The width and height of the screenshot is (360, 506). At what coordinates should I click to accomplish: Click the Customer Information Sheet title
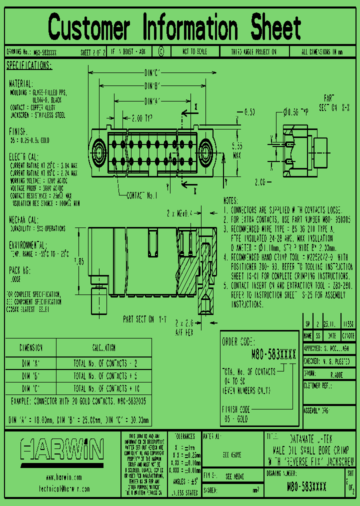click(174, 27)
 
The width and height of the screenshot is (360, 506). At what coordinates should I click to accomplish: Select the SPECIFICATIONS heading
click(28, 66)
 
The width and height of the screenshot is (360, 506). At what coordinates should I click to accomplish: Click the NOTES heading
click(233, 200)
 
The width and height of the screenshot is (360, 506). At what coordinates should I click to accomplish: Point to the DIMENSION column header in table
click(30, 348)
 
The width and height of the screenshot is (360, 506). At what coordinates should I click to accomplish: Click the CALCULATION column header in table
click(103, 348)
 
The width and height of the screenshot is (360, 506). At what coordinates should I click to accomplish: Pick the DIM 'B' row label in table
click(30, 375)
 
